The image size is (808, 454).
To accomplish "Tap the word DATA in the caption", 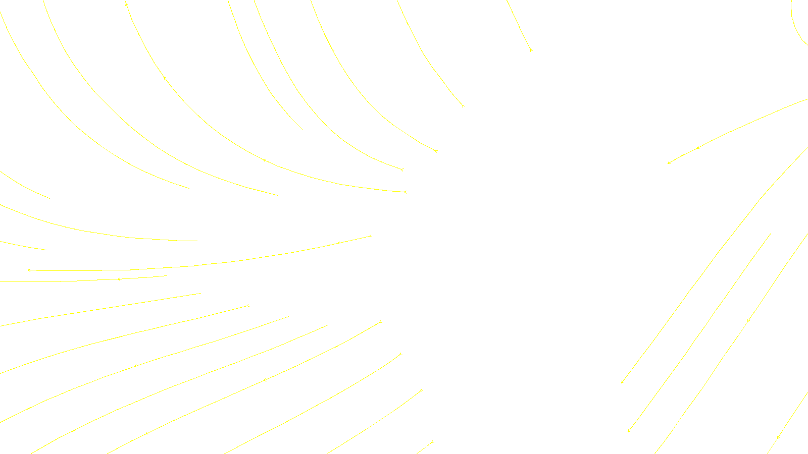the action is (x=427, y=446).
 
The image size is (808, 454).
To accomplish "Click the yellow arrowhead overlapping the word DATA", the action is (x=432, y=443).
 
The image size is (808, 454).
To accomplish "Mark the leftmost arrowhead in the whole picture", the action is (x=29, y=270).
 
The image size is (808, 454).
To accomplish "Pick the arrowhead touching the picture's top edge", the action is (x=126, y=4).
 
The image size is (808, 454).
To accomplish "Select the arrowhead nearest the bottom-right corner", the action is (x=778, y=437).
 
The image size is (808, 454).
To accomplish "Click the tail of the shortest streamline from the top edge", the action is (x=531, y=50).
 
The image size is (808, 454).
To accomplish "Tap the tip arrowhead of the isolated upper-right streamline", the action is (x=669, y=163).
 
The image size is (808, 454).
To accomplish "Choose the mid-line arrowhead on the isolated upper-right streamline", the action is (x=698, y=148).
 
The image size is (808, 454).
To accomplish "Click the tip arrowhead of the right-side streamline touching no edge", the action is (x=629, y=431).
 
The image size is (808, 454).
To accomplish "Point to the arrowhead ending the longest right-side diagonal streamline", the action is (x=622, y=382).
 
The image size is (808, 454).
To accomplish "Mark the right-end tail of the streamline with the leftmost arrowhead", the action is (x=371, y=236).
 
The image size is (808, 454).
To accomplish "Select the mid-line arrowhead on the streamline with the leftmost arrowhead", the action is (x=339, y=243).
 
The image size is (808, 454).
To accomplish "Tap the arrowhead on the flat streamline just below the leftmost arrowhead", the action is (x=119, y=279).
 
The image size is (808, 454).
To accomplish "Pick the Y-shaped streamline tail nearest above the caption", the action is (x=421, y=390).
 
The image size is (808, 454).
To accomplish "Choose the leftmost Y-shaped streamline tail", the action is (x=247, y=306).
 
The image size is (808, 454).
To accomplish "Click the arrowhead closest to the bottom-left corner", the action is (x=146, y=433).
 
